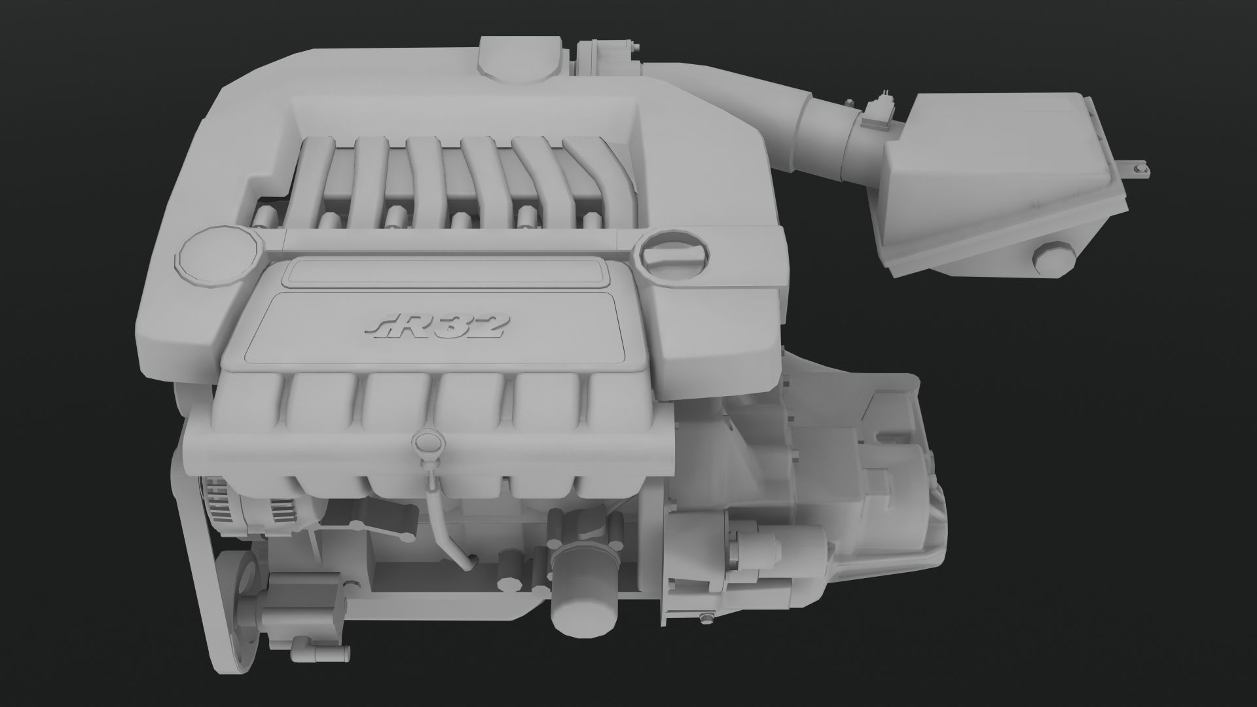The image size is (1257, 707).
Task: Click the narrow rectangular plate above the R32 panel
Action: tap(445, 272)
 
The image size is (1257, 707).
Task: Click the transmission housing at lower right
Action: tap(871, 471)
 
